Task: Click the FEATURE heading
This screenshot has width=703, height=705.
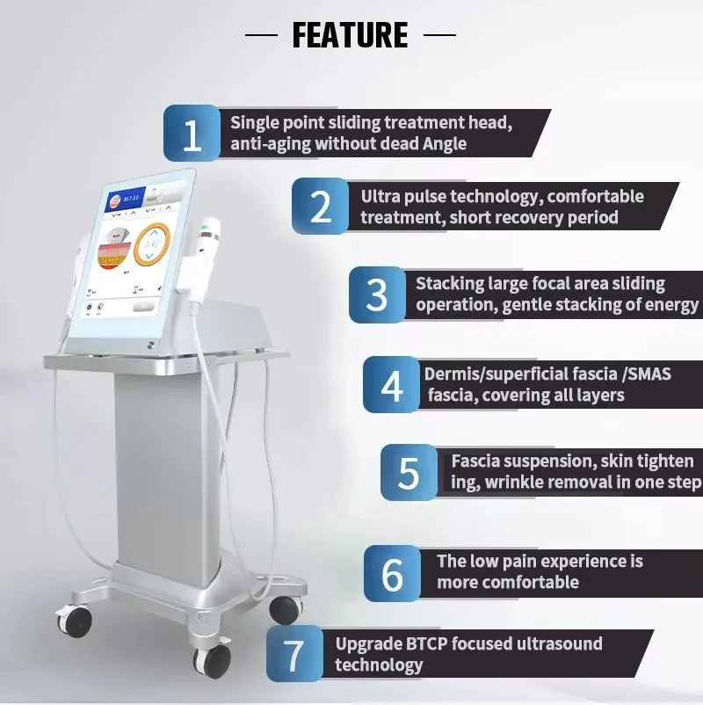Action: pos(350,34)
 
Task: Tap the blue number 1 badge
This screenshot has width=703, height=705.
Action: pos(192,133)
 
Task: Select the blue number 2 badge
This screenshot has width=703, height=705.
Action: pos(321,206)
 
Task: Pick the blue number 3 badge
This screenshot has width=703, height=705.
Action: pos(378,294)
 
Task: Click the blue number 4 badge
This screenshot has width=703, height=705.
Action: pos(392,385)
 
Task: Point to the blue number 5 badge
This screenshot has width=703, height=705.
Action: pos(409,473)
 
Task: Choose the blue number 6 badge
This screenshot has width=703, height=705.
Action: pos(393,574)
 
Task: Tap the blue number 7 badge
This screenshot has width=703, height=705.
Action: pos(295,653)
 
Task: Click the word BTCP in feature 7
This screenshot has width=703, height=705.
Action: pos(427,643)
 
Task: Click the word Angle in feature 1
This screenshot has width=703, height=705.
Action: pos(444,144)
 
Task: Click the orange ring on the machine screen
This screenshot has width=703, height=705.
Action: pos(152,244)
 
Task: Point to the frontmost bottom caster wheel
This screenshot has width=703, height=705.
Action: pos(213,661)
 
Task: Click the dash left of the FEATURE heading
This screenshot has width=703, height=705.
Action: pos(261,34)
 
